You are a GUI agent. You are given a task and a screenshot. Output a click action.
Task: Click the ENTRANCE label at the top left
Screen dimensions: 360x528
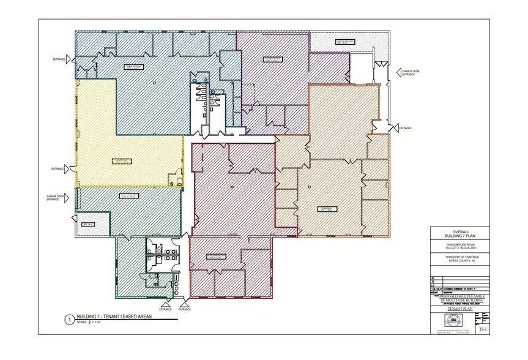(59, 59)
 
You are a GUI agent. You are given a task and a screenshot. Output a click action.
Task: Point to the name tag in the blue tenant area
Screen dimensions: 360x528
(133, 66)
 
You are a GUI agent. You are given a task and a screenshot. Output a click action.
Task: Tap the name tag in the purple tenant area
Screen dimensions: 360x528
(270, 59)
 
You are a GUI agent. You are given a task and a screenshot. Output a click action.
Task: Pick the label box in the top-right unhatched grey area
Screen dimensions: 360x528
(345, 42)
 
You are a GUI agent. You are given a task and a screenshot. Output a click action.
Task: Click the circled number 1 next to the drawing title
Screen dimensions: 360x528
(71, 319)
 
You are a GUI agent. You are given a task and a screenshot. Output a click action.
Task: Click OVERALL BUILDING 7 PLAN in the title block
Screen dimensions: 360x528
(459, 233)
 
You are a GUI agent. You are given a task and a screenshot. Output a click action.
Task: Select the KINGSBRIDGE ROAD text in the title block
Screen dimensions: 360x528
(459, 244)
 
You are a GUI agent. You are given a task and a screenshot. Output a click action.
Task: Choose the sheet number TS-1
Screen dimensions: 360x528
(482, 329)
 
